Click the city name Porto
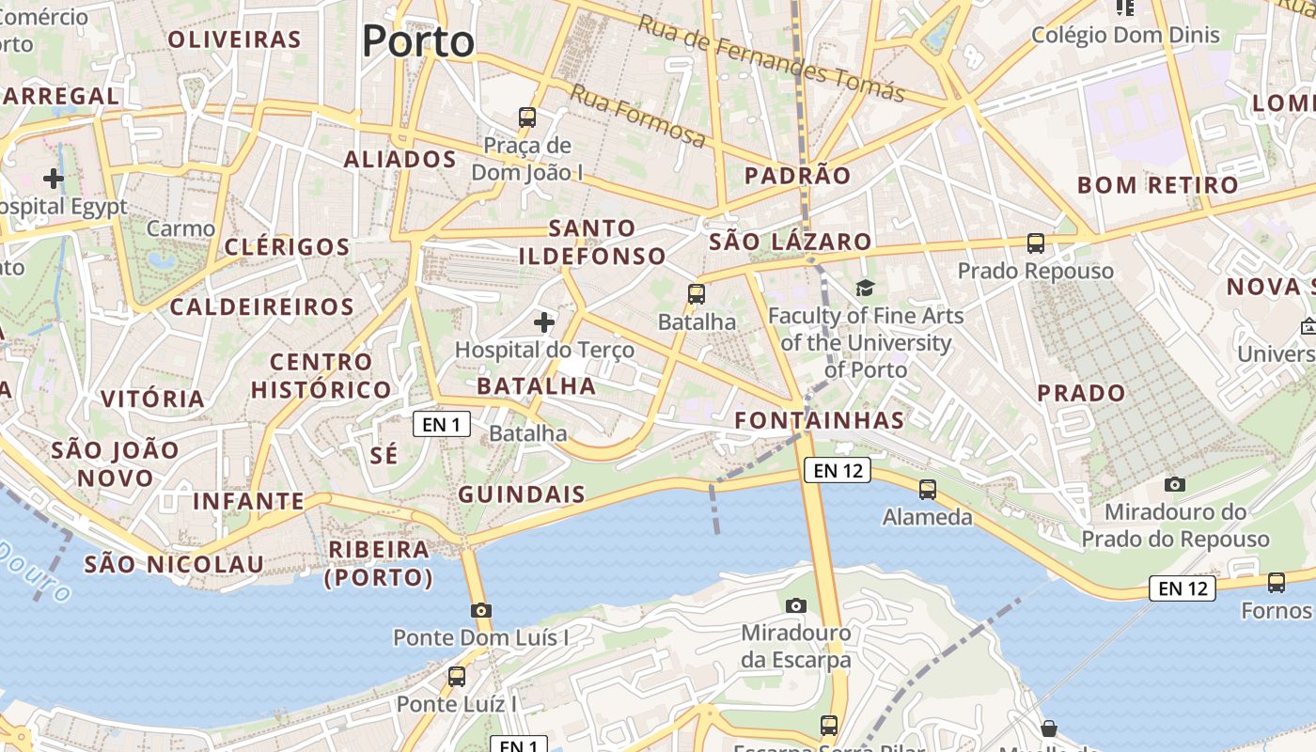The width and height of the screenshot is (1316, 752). coord(418,41)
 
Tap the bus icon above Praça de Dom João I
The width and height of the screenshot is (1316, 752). coord(527,117)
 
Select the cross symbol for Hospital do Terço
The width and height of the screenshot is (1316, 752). coord(543,323)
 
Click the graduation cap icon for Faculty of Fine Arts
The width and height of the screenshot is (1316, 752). coord(865,288)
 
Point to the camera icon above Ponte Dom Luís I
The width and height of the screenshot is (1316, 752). coord(481,611)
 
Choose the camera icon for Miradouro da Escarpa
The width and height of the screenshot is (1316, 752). coord(796,605)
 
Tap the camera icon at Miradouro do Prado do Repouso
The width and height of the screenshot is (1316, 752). coord(1174,485)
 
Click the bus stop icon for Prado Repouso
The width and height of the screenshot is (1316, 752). coord(1036,243)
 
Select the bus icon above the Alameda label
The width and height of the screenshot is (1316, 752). coord(928,489)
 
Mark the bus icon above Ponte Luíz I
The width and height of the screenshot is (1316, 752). coord(457,677)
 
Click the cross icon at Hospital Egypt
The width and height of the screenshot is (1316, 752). coord(54,178)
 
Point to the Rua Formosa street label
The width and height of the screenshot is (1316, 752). coord(638,117)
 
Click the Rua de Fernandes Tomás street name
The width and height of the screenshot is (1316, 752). coord(771,58)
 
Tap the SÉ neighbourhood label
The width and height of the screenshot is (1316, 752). coord(384,456)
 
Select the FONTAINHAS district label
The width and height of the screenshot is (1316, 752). coord(820,420)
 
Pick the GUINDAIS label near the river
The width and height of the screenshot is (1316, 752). coord(522,494)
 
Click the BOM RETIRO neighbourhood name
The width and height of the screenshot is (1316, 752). coord(1158,185)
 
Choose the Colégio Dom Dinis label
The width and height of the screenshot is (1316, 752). coord(1125,36)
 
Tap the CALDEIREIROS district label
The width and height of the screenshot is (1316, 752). coord(262,307)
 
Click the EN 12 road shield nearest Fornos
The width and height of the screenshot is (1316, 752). coord(1183,589)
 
